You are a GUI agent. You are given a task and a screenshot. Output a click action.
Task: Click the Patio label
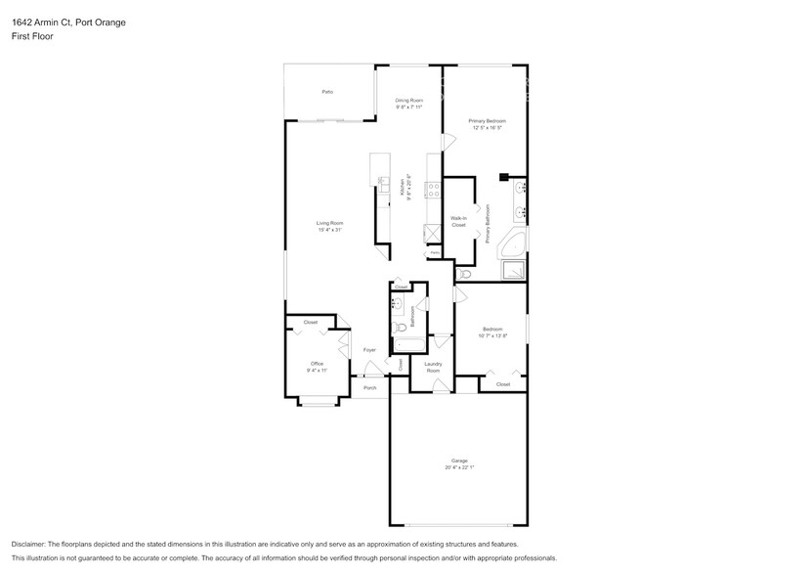(327, 92)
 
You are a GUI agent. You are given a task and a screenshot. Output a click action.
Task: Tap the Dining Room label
(408, 101)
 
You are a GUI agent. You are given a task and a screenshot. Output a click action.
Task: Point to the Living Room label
(329, 224)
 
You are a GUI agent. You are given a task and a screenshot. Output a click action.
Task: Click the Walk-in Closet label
(458, 222)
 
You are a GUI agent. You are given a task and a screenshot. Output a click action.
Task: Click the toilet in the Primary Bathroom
(464, 276)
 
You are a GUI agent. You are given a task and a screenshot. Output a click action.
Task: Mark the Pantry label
(434, 252)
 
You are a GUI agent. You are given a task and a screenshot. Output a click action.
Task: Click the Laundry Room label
(432, 368)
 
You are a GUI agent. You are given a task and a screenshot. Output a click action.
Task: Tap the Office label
(316, 365)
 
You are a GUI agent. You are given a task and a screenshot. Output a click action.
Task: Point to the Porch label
(369, 388)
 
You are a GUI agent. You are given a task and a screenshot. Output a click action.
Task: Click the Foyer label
(369, 349)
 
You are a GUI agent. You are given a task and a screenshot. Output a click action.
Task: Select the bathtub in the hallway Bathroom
(406, 345)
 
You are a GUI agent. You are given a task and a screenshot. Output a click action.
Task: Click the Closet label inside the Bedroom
(502, 384)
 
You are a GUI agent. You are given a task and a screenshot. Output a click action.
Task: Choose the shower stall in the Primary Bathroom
(512, 271)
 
